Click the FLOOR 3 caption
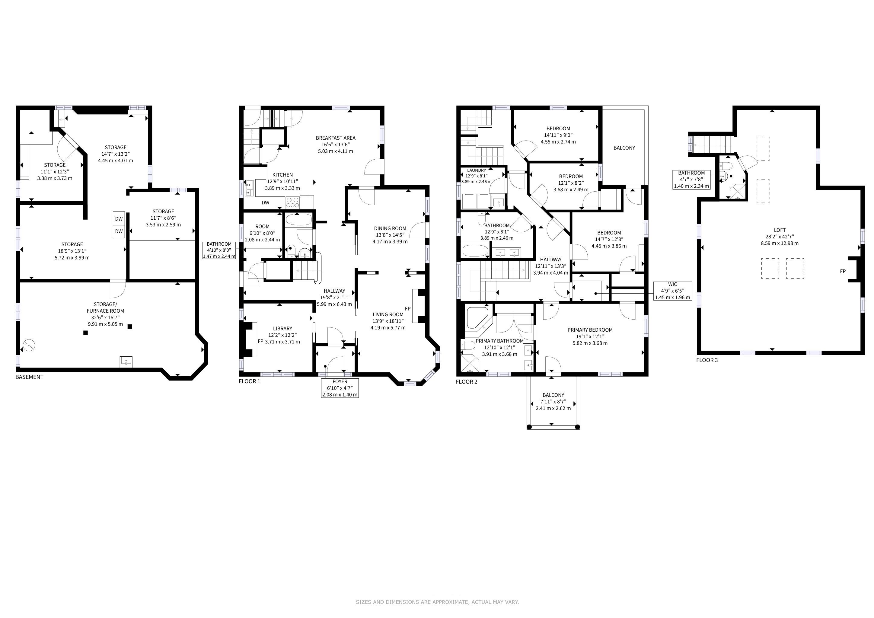(707, 360)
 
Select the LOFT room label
(780, 230)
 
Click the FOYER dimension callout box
(340, 388)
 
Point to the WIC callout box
(673, 291)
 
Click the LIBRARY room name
(282, 328)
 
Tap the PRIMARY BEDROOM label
(590, 330)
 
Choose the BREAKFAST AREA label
(336, 138)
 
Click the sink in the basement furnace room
(126, 361)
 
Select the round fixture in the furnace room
(29, 346)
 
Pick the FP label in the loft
(843, 271)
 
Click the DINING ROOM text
(390, 228)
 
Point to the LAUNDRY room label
(477, 170)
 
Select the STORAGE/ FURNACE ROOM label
(105, 307)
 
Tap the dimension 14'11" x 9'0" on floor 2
(558, 135)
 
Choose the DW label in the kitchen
(265, 202)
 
